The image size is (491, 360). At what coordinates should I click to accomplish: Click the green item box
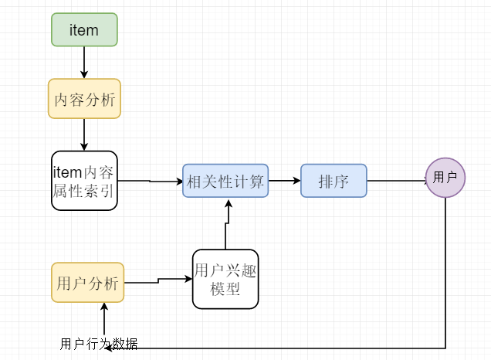[84, 29]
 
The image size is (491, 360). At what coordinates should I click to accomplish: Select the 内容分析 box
[84, 99]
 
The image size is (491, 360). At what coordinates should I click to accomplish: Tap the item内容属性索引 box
[84, 181]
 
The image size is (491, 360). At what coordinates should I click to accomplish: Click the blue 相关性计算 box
[225, 181]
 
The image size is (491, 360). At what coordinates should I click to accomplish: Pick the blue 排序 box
[334, 181]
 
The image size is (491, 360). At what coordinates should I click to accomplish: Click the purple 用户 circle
[445, 178]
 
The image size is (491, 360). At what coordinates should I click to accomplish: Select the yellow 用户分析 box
[87, 283]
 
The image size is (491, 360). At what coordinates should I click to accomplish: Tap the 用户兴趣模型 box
[225, 279]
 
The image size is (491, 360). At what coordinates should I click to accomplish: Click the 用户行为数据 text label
[99, 344]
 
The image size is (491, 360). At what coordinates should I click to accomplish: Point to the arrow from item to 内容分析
[84, 62]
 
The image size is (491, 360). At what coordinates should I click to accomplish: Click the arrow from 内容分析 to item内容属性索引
[84, 134]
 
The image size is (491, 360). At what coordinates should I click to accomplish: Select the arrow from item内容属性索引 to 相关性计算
[150, 182]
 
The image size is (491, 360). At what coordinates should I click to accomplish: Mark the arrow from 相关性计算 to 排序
[284, 181]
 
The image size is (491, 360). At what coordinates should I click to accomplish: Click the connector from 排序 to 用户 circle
[395, 182]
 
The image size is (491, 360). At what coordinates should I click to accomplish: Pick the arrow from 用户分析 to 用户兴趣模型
[157, 280]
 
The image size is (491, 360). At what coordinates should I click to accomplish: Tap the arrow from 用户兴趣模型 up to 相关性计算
[226, 224]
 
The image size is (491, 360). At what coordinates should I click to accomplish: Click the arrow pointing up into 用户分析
[103, 317]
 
